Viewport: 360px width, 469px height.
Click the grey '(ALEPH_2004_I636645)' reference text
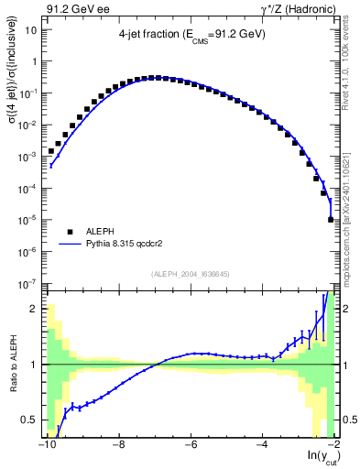tap(190, 272)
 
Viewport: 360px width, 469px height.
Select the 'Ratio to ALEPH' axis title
tap(12, 364)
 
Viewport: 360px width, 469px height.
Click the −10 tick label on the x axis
tap(46, 445)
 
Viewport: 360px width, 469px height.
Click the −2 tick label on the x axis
tap(334, 445)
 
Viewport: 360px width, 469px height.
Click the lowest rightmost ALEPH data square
tap(331, 220)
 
